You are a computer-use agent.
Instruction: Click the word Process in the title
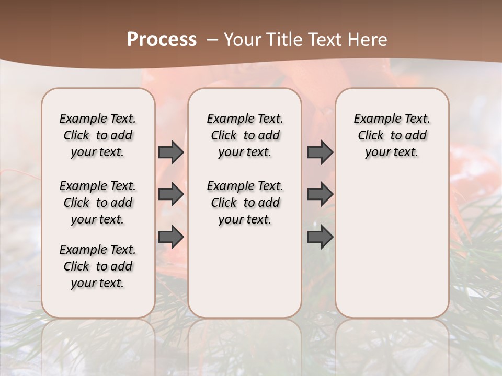point(162,40)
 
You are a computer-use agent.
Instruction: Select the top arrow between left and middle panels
point(171,152)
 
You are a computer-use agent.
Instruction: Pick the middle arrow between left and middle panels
point(171,195)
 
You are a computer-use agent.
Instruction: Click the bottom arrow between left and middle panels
point(171,237)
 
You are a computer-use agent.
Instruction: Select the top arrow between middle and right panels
point(320,152)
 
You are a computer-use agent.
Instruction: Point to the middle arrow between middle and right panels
point(320,195)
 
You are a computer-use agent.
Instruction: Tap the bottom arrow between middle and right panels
point(320,237)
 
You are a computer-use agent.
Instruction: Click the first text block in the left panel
point(98,135)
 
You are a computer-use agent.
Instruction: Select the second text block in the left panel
point(98,203)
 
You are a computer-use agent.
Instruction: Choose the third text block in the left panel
point(98,266)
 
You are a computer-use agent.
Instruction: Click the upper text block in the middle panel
point(245,135)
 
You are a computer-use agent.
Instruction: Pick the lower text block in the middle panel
point(245,203)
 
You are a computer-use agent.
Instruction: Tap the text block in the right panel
point(392,135)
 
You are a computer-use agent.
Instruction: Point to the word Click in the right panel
point(371,136)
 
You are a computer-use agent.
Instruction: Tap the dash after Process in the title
point(212,40)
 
